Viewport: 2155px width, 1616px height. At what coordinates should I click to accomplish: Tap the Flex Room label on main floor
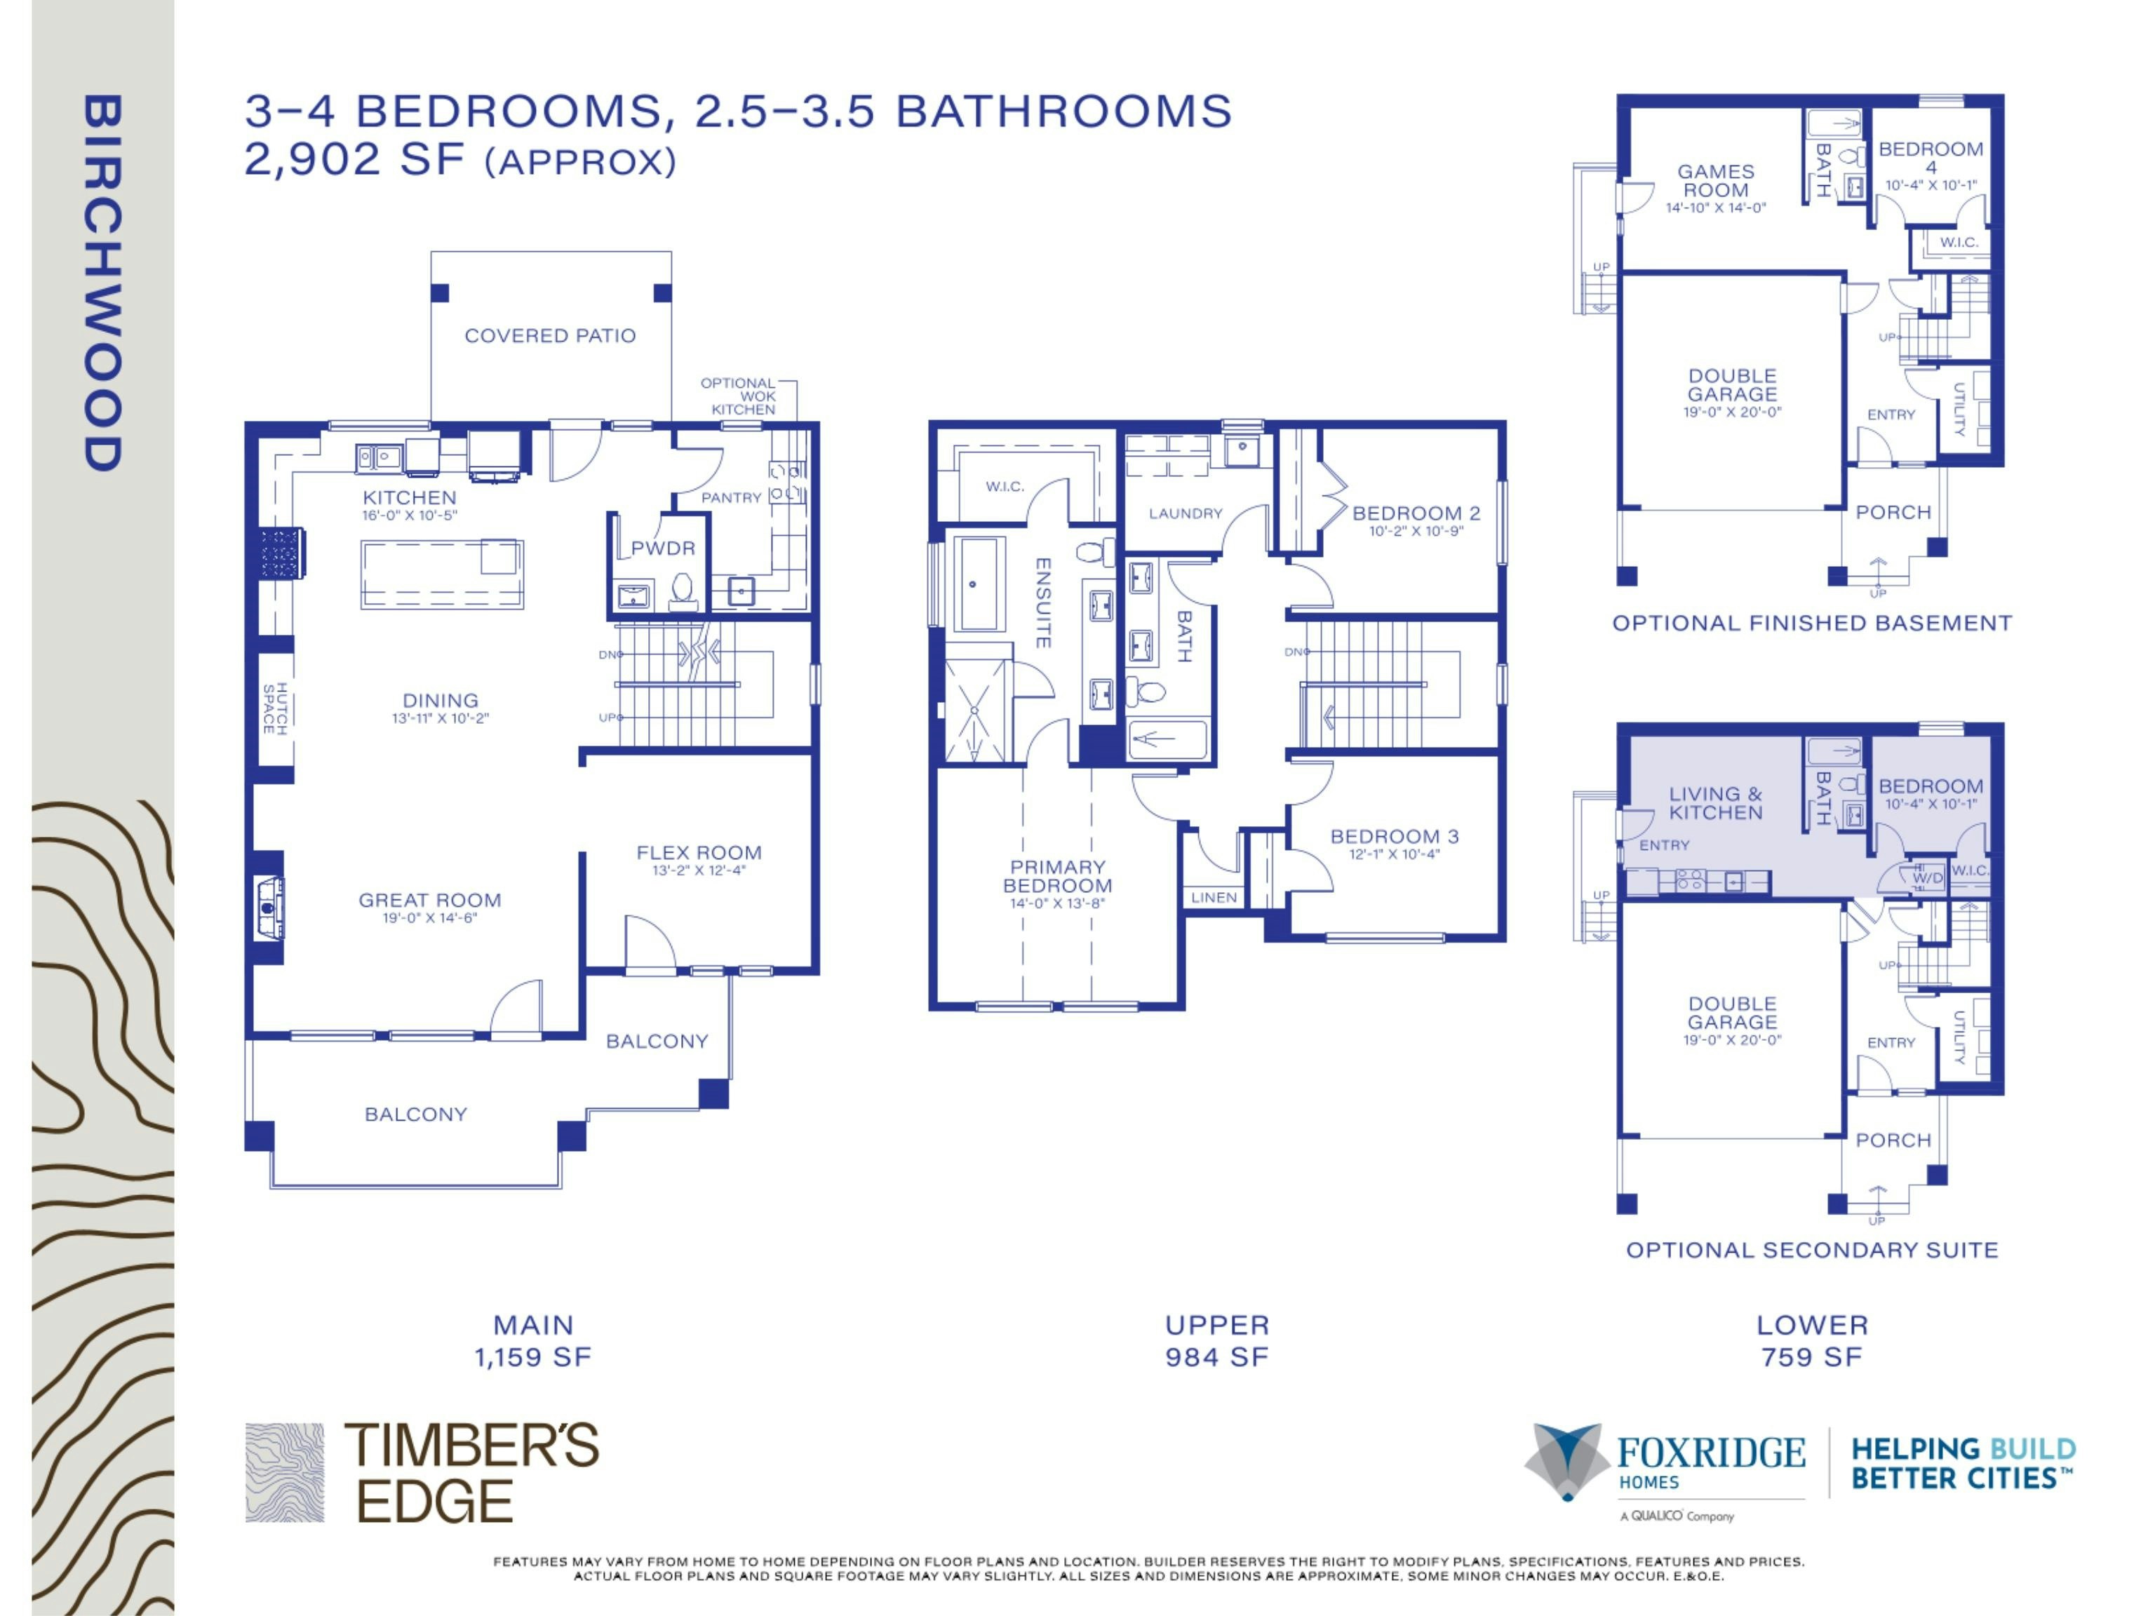click(x=699, y=852)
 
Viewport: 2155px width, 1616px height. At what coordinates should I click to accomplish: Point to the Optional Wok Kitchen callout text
click(x=739, y=396)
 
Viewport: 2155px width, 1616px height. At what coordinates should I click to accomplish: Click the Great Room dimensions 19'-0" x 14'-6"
click(x=429, y=917)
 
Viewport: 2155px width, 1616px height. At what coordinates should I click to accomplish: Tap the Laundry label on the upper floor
click(x=1185, y=513)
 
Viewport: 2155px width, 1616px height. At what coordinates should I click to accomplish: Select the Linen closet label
click(x=1214, y=897)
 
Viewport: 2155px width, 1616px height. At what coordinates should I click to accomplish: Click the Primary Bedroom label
click(x=1057, y=876)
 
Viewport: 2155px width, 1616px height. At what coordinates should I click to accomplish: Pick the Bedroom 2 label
click(x=1416, y=513)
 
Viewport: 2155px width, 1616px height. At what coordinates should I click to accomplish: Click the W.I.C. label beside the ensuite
click(x=1005, y=487)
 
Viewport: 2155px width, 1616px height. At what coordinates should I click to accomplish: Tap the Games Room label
click(x=1716, y=180)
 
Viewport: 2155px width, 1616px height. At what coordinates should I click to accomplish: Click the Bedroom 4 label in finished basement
click(x=1931, y=157)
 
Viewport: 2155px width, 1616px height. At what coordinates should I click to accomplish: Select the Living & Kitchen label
click(x=1716, y=802)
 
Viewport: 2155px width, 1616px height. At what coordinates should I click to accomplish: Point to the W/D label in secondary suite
click(x=1927, y=877)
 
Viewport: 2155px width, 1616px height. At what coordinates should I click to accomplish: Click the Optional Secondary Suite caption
click(x=1812, y=1250)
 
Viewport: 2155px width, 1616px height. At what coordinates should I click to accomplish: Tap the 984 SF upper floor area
click(x=1217, y=1357)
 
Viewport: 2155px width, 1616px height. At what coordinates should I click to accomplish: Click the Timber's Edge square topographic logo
click(x=285, y=1472)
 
